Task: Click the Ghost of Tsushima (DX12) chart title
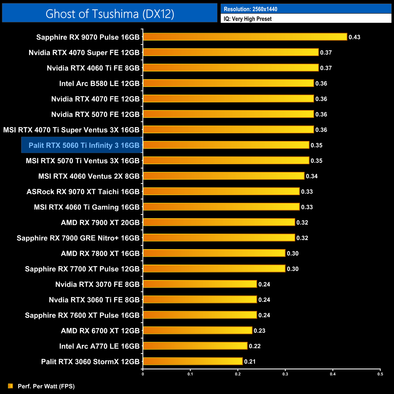tap(110, 14)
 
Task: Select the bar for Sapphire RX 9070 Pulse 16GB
tap(245, 37)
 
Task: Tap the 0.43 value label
tap(354, 37)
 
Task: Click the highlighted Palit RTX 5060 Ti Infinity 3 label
tap(84, 145)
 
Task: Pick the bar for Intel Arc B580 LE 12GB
tap(228, 83)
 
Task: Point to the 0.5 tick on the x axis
tap(380, 374)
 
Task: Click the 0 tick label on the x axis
tap(143, 374)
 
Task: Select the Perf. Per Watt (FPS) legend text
tap(46, 386)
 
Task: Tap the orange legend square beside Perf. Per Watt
tap(11, 386)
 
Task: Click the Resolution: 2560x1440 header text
tap(250, 9)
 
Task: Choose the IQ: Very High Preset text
tap(248, 19)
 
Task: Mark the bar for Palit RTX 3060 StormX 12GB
tap(193, 361)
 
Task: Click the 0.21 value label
tap(250, 362)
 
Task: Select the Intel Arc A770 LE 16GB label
tap(99, 346)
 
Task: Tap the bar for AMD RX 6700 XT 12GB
tap(197, 330)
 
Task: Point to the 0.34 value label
tap(312, 176)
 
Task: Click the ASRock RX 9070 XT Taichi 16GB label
tap(83, 192)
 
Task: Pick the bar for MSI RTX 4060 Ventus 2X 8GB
tap(223, 176)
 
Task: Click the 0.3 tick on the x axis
tap(285, 374)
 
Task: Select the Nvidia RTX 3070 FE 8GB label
tap(97, 284)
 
